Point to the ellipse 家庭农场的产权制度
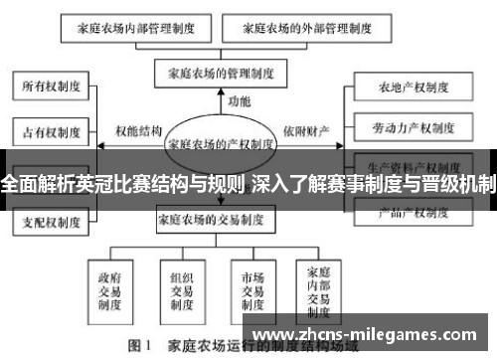tap(222, 143)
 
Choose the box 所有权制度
tap(47, 88)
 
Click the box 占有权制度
tap(47, 129)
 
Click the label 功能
tap(240, 100)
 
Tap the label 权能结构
tap(138, 130)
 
